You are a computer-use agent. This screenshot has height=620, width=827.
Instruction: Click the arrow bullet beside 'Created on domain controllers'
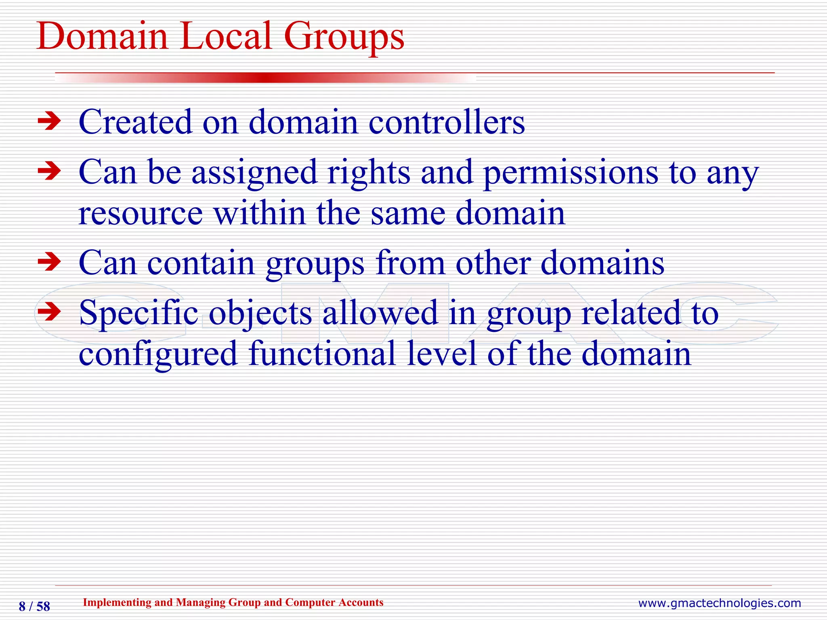point(49,121)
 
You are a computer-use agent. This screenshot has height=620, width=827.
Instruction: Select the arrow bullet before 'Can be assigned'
point(49,172)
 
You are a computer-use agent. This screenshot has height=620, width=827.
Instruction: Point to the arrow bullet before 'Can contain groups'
point(49,262)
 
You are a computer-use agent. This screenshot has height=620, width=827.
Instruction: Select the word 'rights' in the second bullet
point(369,173)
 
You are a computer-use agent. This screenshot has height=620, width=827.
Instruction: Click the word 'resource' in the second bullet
point(141,214)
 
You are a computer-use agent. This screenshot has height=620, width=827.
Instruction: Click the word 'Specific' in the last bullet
point(139,313)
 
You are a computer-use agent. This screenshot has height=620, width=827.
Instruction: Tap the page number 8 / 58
point(34,606)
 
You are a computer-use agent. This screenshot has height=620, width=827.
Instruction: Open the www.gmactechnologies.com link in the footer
point(719,603)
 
